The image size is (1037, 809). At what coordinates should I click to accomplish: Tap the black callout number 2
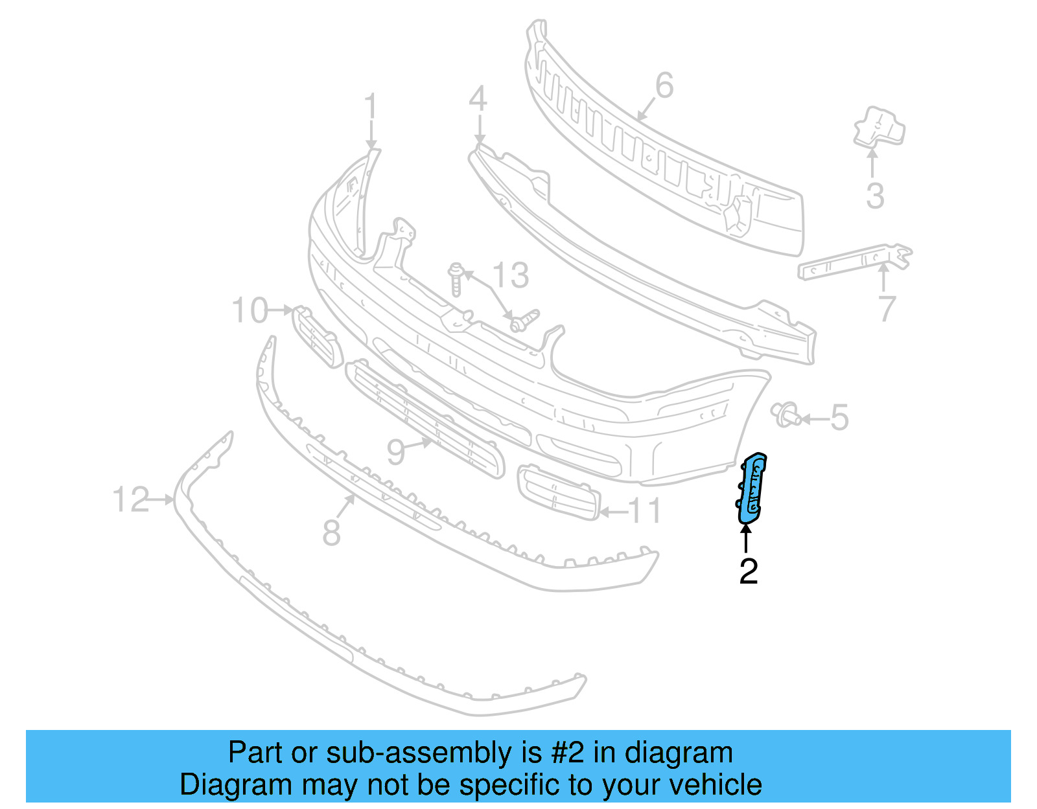coord(749,571)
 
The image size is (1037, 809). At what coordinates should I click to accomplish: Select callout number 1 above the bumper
coord(370,107)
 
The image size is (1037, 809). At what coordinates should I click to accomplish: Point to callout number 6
coord(664,85)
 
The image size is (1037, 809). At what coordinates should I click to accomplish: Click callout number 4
coord(478,100)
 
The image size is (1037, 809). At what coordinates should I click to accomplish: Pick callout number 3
coord(875,196)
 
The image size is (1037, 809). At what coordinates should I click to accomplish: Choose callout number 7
coord(887,309)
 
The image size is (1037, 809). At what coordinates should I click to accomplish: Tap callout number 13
coord(511,275)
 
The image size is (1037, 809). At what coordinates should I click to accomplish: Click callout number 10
coord(250,310)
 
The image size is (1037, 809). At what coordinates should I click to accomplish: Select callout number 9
coord(396,451)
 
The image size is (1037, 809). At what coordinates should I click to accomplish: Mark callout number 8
coord(331,533)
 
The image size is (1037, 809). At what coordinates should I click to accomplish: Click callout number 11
coord(646,511)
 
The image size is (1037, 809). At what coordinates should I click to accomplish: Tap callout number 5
coord(839,418)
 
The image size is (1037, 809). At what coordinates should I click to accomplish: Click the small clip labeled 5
coord(786,414)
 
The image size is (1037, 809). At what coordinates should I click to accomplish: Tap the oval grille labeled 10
coord(316,335)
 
